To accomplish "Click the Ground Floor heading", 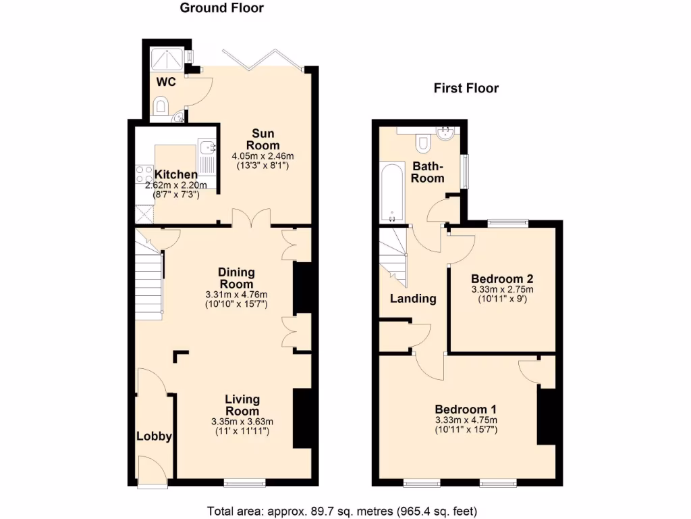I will [221, 9].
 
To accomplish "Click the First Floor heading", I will [466, 89].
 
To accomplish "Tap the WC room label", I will [167, 82].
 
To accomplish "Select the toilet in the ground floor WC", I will [161, 106].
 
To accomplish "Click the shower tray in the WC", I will [165, 59].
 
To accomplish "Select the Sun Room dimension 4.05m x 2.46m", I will [262, 156].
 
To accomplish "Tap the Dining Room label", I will [236, 278].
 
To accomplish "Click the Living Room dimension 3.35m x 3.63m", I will [242, 422].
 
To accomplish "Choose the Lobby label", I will [154, 437].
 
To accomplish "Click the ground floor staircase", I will [150, 284].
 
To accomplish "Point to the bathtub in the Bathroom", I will [392, 192].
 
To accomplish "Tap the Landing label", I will [413, 298].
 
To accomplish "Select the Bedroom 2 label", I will [502, 278].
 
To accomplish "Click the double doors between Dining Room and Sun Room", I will [252, 218].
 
